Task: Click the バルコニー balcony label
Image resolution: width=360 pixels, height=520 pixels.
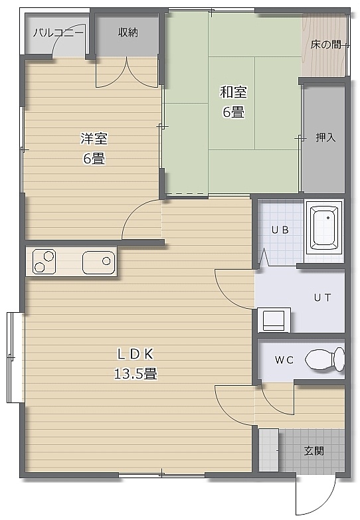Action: click(x=58, y=33)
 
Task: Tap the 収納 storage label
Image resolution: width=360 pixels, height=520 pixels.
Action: click(x=128, y=32)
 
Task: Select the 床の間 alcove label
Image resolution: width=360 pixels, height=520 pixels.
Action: click(x=325, y=44)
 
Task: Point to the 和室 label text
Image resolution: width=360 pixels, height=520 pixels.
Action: click(x=234, y=92)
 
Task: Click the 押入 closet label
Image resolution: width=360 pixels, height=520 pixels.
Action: click(x=325, y=137)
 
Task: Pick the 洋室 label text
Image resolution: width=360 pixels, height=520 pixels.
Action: click(x=94, y=138)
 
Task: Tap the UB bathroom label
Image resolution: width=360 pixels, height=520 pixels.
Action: click(x=280, y=230)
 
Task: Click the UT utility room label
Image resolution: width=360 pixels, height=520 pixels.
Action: click(x=323, y=298)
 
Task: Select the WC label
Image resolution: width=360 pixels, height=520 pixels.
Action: click(x=284, y=360)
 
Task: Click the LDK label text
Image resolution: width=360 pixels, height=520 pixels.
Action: click(x=135, y=354)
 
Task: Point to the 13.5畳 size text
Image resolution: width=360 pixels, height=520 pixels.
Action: click(x=135, y=374)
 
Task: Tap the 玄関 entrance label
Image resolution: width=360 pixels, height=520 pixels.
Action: click(x=314, y=451)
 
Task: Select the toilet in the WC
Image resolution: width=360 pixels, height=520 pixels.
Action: click(x=325, y=359)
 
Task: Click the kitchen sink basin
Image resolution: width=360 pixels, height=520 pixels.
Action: click(x=98, y=262)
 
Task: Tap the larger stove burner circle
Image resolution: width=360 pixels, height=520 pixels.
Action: click(x=49, y=256)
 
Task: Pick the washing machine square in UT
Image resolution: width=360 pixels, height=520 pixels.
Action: click(x=274, y=320)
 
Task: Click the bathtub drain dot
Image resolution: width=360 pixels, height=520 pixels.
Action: click(x=328, y=218)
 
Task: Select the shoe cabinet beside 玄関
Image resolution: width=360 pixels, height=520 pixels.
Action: click(x=269, y=450)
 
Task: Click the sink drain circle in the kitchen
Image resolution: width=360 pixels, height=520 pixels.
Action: click(x=106, y=261)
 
